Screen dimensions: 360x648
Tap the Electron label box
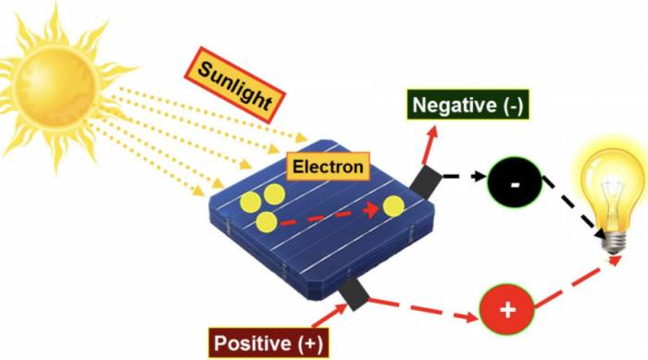click(x=328, y=168)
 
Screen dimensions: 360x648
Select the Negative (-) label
click(x=467, y=105)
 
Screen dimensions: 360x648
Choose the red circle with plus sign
click(x=506, y=309)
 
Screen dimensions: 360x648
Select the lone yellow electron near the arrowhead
click(x=394, y=205)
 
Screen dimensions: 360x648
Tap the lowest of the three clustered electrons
click(x=267, y=221)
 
